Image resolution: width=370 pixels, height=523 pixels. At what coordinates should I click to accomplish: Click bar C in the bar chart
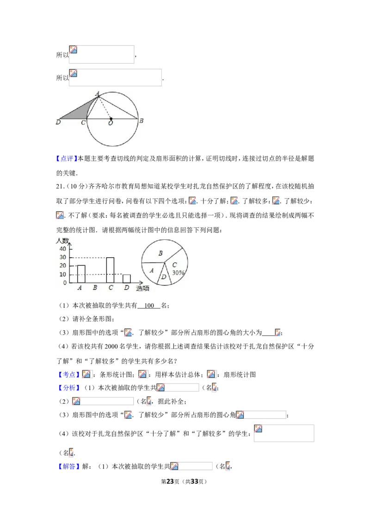(x=110, y=270)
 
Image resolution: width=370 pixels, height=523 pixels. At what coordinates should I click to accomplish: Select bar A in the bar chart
(x=81, y=274)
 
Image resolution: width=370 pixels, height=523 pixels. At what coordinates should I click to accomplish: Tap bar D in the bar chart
(x=127, y=279)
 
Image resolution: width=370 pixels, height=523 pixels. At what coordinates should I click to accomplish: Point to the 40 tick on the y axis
(x=63, y=249)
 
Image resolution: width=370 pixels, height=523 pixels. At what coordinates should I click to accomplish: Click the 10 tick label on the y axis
(x=63, y=274)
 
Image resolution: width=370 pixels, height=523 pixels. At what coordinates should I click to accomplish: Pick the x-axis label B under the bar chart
(x=95, y=287)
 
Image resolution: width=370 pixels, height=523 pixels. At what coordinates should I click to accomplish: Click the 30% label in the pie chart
(x=178, y=273)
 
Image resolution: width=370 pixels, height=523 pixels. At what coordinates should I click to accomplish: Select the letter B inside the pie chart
(x=160, y=253)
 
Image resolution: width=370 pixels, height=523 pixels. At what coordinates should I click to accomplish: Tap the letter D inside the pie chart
(x=164, y=277)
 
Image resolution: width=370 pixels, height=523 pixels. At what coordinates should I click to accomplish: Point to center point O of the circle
(x=111, y=119)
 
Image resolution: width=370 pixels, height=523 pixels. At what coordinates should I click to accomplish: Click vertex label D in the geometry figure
(x=58, y=122)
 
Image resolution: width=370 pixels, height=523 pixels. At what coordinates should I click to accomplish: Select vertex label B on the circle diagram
(x=141, y=121)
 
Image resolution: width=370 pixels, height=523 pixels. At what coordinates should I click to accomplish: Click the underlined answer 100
(x=149, y=305)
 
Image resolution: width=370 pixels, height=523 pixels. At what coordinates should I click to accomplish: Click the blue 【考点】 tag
(x=69, y=375)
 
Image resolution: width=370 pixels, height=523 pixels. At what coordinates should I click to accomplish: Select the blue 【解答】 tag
(x=69, y=466)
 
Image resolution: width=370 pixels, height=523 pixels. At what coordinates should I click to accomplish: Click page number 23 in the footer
(x=170, y=481)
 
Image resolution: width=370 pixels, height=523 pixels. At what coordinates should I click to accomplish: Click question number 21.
(x=60, y=187)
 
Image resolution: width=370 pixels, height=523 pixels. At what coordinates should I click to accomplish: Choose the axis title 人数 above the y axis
(x=62, y=241)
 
